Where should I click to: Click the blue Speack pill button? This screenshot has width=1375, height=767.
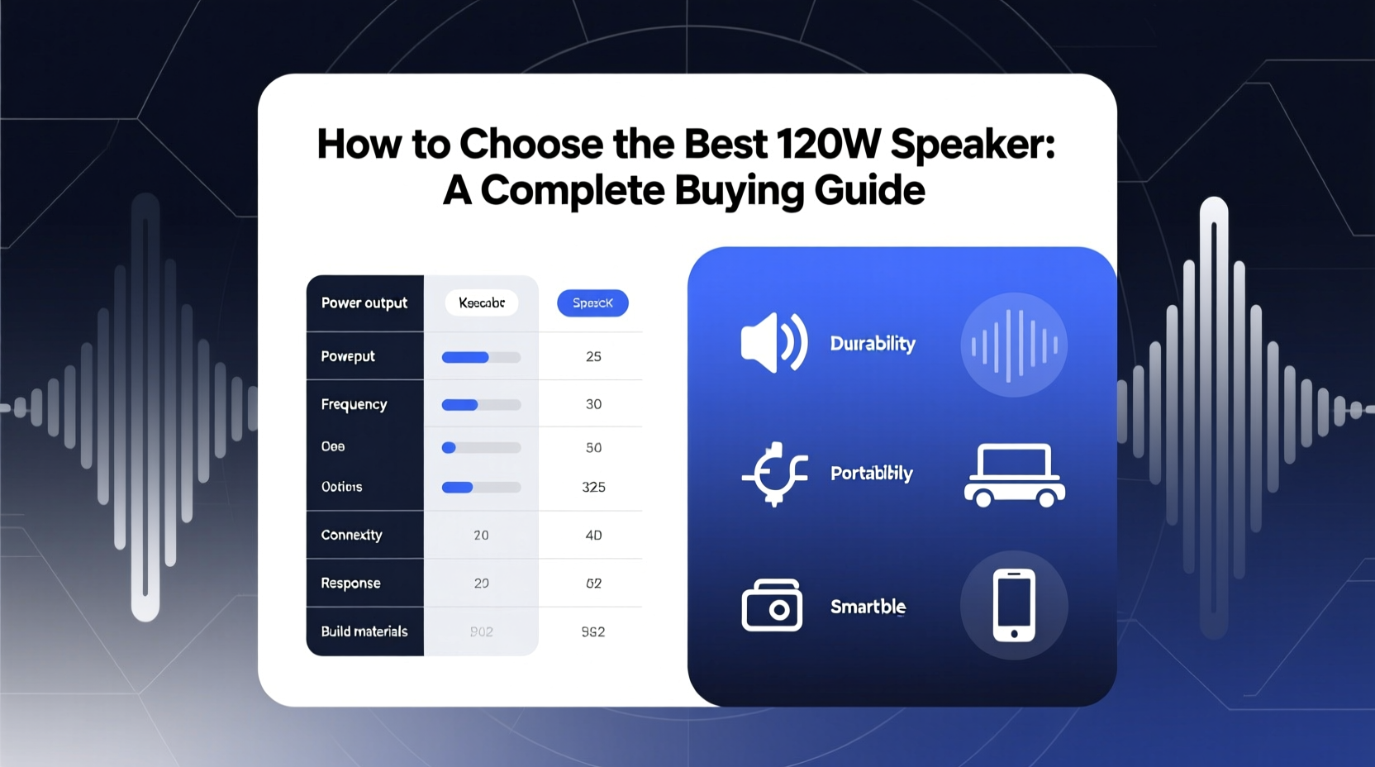point(592,303)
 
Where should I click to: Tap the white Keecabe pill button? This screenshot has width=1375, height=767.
point(482,303)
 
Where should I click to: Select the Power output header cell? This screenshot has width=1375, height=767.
point(364,303)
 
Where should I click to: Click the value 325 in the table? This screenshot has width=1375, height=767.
point(593,488)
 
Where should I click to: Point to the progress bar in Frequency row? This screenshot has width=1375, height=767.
point(481,405)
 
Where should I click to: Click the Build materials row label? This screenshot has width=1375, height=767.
point(364,631)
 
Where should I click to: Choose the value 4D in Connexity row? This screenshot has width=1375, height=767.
point(593,536)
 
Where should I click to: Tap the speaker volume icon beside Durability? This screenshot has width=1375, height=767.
point(773,343)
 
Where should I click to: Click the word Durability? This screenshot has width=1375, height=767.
point(873,344)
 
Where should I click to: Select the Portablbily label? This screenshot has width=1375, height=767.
point(871,474)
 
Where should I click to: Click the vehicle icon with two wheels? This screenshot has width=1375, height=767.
point(1014,475)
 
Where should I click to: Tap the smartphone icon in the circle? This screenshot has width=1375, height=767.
point(1014,605)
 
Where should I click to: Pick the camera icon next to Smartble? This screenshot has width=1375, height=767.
point(772,606)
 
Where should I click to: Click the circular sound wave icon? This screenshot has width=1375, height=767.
point(1014,345)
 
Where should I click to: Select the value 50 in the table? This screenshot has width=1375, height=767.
point(593,448)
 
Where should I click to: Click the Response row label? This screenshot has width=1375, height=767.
point(350,584)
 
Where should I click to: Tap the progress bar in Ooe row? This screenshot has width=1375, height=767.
point(481,448)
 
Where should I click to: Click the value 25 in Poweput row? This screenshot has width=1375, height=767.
point(593,357)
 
